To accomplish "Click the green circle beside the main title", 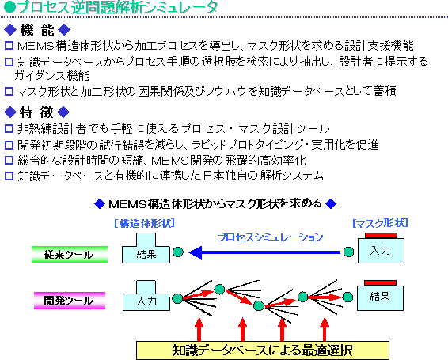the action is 9,7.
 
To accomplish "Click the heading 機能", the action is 37,30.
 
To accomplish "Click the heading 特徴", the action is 36,112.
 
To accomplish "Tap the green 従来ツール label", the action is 70,254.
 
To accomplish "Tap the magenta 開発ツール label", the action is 70,301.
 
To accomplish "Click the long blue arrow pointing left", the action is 264,252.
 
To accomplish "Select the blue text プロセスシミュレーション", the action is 270,237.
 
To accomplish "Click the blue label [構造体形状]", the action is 144,223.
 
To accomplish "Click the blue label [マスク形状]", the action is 380,223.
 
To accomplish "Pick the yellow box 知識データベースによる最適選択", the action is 263,351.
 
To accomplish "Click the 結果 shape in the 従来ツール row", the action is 146,248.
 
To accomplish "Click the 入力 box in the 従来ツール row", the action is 381,251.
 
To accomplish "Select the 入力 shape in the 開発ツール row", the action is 146,295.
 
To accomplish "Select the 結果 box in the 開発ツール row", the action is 380,298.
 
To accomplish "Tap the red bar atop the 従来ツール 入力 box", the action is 381,236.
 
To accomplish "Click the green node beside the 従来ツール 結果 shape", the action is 178,252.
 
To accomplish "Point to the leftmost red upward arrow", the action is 199,329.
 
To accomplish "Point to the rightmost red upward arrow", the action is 325,329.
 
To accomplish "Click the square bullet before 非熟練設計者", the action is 9,128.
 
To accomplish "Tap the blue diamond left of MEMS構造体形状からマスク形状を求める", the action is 100,204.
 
